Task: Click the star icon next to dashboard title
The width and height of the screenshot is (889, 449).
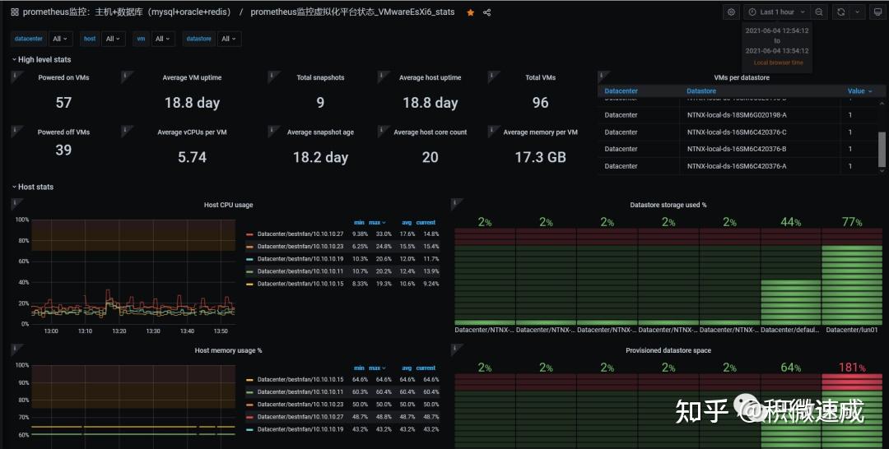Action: coord(471,12)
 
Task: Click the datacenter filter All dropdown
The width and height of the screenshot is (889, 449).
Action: coord(61,39)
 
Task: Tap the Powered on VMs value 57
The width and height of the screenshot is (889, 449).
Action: coord(63,103)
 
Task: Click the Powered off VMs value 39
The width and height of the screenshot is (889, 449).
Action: coord(63,150)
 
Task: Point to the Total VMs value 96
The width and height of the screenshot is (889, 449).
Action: coord(540,103)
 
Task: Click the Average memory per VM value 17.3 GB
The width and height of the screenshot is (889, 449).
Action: coord(540,157)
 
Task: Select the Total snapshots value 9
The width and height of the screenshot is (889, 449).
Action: coord(320,103)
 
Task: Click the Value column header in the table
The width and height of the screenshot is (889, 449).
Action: coord(859,91)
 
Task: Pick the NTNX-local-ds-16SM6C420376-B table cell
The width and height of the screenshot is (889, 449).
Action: coord(737,149)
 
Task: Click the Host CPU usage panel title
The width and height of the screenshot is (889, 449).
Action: coord(228,205)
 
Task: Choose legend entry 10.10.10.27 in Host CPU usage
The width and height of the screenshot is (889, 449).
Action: coord(300,234)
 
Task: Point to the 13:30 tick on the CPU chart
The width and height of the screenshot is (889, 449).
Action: coord(152,331)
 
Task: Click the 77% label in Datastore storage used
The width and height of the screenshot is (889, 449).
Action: coord(852,222)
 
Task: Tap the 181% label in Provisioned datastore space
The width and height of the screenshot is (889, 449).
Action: coord(852,368)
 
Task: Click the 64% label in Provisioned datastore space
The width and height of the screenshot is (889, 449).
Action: coord(790,368)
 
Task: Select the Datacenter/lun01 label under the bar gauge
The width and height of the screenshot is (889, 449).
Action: coord(852,330)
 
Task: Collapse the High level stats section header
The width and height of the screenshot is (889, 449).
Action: coord(44,60)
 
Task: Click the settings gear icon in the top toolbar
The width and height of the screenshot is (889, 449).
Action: coord(731,12)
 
